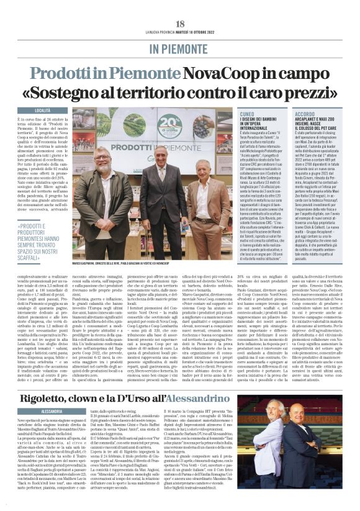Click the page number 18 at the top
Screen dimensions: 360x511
180,22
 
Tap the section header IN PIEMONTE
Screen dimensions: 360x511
180,48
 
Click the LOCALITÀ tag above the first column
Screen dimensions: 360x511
51,110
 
